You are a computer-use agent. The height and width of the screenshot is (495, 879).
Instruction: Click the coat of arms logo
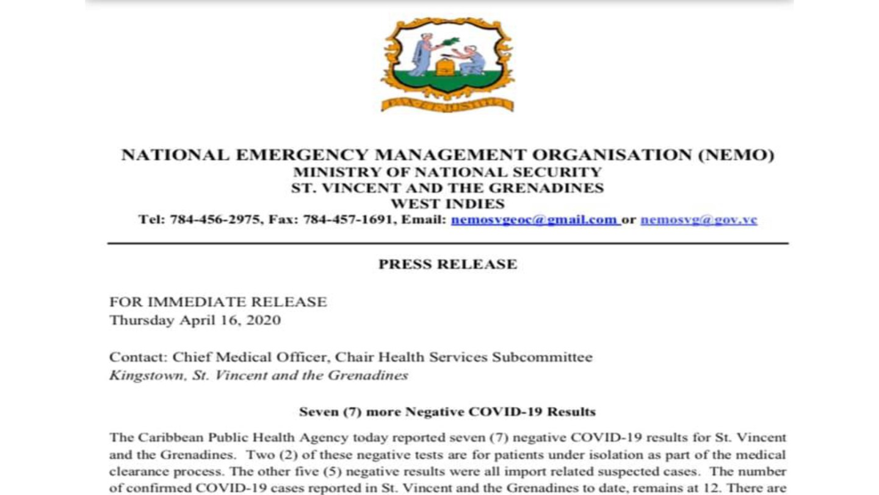click(x=447, y=64)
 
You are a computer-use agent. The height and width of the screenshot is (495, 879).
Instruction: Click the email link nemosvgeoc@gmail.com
click(x=535, y=220)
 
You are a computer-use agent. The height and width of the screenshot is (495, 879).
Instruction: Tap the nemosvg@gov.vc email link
click(x=698, y=220)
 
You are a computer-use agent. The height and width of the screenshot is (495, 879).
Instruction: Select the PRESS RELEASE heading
click(x=447, y=264)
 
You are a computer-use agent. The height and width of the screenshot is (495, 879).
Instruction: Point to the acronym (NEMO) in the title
click(x=736, y=155)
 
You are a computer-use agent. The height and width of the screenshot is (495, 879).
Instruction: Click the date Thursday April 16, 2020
click(x=195, y=320)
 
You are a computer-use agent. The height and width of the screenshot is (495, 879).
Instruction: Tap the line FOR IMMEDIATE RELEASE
click(x=218, y=302)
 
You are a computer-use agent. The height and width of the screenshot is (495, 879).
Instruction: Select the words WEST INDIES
click(x=447, y=204)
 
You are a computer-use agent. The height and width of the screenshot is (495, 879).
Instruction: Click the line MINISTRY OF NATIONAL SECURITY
click(x=447, y=172)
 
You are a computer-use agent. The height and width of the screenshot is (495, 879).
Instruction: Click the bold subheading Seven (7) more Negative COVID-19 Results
click(x=447, y=411)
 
